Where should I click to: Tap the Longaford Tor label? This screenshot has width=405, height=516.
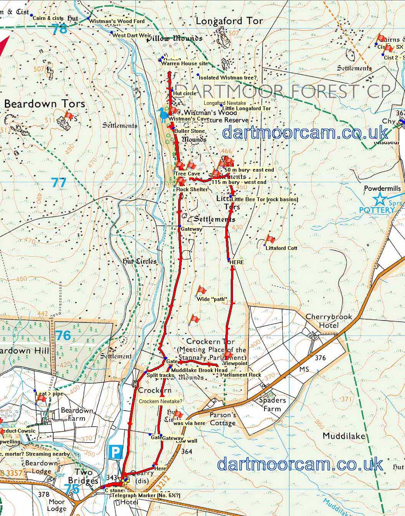[x=229, y=21]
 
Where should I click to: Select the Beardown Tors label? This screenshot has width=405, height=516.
[x=45, y=104]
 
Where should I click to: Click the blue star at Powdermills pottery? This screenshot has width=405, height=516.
[x=380, y=199]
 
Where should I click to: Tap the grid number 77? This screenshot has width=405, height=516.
[x=59, y=182]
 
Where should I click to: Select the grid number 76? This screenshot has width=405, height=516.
[x=63, y=335]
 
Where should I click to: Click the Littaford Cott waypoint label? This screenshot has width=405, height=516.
[x=281, y=248]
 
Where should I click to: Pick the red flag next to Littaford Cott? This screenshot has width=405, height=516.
[x=270, y=240]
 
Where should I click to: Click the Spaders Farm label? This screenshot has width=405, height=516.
[x=272, y=404]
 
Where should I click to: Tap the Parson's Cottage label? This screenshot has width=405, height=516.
[x=223, y=419]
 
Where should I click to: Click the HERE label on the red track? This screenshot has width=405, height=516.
[x=236, y=262]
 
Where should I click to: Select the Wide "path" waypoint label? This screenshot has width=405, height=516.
[x=212, y=299]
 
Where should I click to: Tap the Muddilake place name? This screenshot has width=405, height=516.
[x=344, y=436]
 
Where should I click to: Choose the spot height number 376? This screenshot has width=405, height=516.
[x=320, y=358]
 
